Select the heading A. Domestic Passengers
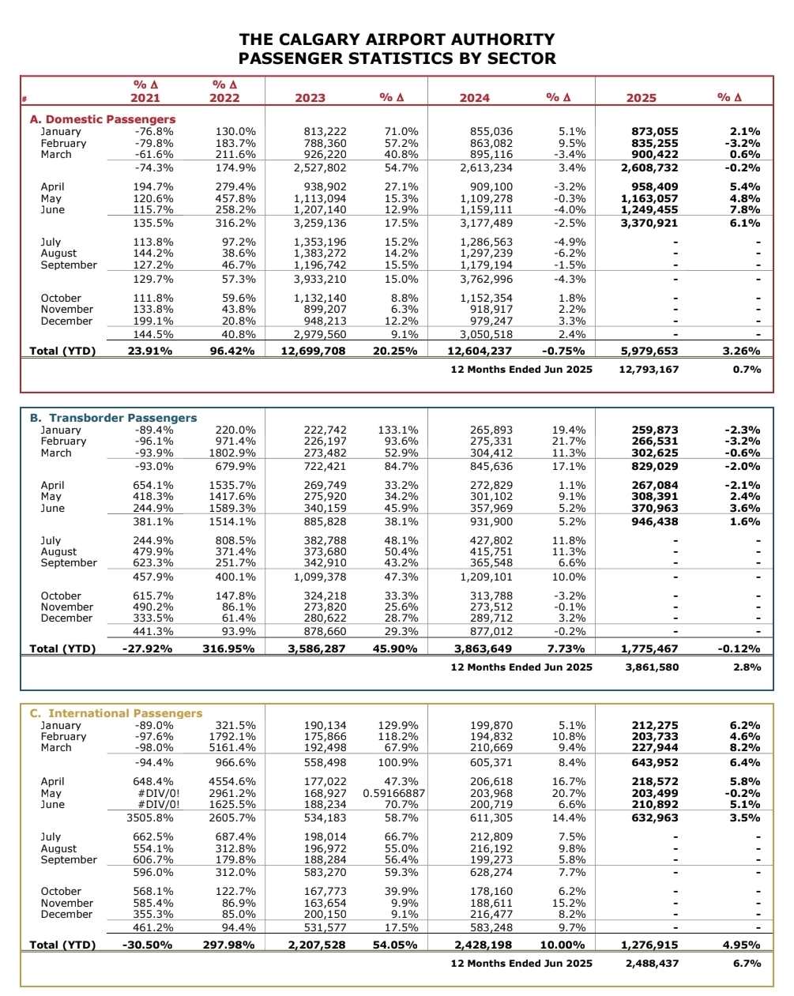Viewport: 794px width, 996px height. pos(103,119)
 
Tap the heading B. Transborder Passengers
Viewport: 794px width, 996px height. pos(113,418)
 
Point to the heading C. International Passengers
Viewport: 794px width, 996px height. pos(116,713)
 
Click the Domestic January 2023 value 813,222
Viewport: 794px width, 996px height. pos(325,132)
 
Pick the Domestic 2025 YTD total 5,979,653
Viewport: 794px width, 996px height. pos(649,351)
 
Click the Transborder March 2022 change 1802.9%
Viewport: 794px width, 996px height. pos(232,453)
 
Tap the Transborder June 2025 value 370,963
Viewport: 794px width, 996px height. pos(655,509)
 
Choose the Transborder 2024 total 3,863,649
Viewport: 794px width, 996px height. pos(483,648)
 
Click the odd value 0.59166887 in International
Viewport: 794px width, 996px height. pos(394,793)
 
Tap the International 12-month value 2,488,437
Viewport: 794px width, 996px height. pos(651,963)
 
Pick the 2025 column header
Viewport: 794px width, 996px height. pos(641,98)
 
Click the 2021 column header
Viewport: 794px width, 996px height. pos(145,98)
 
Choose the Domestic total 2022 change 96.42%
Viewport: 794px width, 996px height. pos(232,351)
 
